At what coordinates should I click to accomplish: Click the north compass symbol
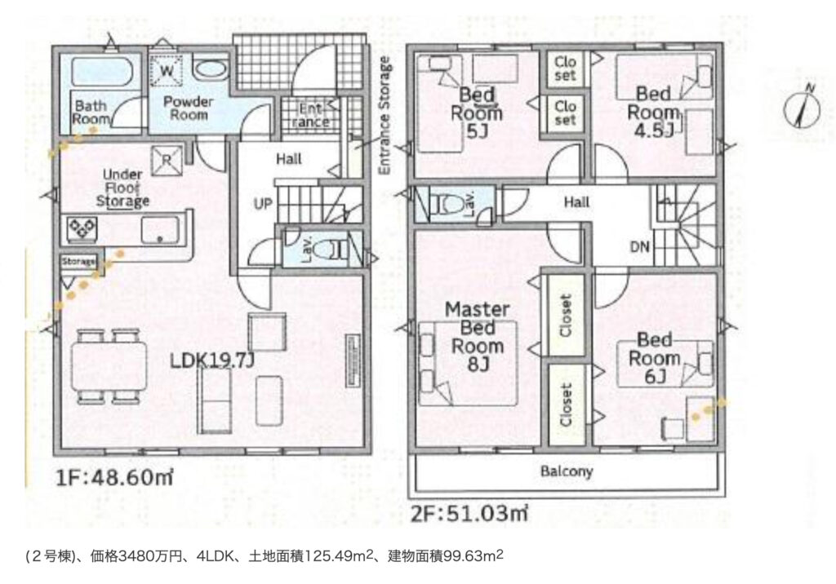[802, 108]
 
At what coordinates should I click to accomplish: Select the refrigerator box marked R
[166, 160]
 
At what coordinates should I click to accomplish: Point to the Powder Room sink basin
[210, 70]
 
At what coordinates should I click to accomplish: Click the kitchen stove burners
[82, 229]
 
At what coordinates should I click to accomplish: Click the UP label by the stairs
[263, 204]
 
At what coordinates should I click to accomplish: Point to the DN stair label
[640, 246]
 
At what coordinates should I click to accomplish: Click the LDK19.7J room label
[212, 361]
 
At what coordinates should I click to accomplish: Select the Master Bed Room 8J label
[477, 337]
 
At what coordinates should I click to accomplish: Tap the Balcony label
[567, 471]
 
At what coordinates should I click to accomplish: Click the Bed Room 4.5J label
[654, 112]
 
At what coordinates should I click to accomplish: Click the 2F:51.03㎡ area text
[469, 514]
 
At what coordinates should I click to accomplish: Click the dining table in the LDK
[109, 366]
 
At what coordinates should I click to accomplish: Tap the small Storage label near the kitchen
[78, 262]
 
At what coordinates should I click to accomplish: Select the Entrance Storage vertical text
[385, 115]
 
